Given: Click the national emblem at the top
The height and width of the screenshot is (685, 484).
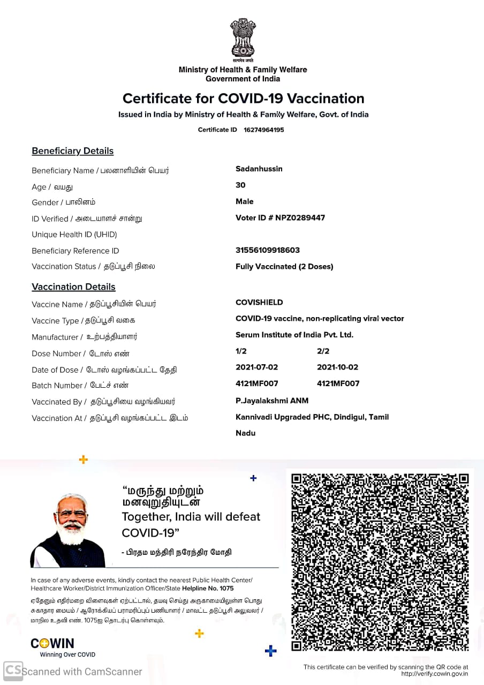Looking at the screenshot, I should (x=243, y=39).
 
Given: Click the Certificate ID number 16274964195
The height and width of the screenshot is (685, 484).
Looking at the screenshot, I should (x=263, y=130).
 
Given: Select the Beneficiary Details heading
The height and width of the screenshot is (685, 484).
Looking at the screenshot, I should (x=73, y=151).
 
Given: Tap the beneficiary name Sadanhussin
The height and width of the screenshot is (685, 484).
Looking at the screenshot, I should (x=259, y=169).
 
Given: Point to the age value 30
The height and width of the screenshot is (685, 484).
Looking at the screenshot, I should (x=240, y=185).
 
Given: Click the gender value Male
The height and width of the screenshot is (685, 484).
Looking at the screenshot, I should (x=245, y=201).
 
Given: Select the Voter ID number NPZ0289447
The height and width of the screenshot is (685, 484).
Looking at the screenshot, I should (x=300, y=218).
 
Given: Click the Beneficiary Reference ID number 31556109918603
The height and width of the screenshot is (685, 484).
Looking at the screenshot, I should (x=268, y=250).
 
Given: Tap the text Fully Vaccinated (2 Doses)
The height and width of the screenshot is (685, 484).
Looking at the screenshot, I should (x=284, y=266).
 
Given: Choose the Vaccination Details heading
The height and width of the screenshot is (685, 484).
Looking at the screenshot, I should (x=73, y=287).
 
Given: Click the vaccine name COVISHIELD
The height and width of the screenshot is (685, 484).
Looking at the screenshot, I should (x=259, y=303).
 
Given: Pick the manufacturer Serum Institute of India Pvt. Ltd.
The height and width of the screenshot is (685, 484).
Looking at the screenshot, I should (x=294, y=335).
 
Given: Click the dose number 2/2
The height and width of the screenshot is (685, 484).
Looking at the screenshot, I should (x=323, y=351).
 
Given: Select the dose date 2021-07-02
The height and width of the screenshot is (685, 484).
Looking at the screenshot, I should (x=257, y=367).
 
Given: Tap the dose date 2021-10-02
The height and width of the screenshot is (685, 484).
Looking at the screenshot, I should (x=338, y=367).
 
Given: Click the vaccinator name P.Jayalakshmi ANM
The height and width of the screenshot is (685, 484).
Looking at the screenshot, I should (x=272, y=401).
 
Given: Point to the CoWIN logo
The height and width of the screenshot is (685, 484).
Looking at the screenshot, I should (x=52, y=644).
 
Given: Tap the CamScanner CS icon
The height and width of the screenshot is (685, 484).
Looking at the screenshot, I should (x=13, y=671).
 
